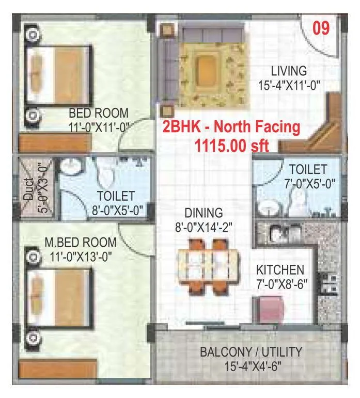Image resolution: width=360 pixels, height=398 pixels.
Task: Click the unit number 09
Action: [321, 27]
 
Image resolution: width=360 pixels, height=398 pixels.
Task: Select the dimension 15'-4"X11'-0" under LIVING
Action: [290, 85]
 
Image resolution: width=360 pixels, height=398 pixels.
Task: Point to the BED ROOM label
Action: [99, 113]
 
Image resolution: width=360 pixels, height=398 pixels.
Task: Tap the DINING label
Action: [205, 213]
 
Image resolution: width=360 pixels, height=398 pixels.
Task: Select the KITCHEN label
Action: [280, 269]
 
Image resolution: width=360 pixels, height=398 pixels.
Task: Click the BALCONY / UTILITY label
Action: [251, 352]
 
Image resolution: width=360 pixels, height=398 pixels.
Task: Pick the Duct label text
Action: [28, 188]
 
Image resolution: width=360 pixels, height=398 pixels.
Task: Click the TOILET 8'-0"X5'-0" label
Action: [116, 203]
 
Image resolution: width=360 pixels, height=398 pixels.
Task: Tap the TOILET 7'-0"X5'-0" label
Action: [308, 176]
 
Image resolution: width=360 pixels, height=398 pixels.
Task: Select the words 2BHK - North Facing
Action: [231, 127]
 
